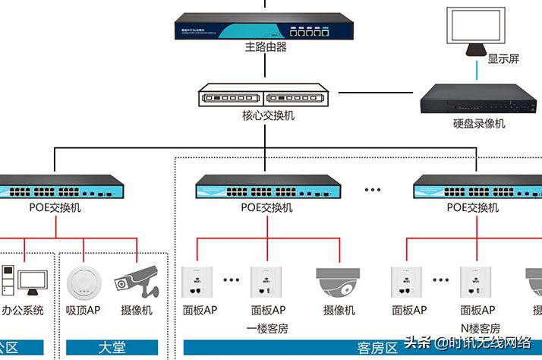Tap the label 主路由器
(266, 48)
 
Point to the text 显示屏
(503, 59)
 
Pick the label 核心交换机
(266, 116)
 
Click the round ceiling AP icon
(83, 282)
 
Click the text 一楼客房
(266, 328)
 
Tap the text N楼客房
(480, 328)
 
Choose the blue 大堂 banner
(112, 348)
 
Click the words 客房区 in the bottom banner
(377, 348)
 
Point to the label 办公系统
(23, 310)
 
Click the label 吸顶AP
(83, 310)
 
